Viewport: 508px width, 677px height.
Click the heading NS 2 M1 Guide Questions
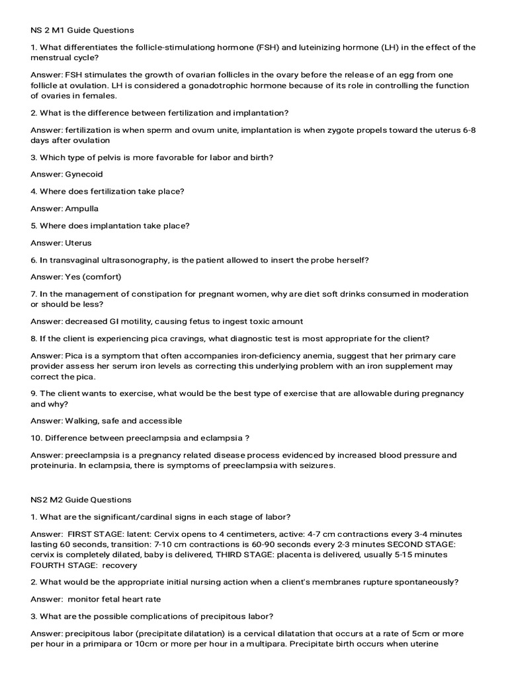point(82,30)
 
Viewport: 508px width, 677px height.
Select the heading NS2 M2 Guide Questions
point(81,500)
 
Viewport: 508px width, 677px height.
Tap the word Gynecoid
point(84,175)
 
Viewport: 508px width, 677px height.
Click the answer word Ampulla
point(81,209)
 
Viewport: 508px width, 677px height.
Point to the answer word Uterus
point(78,243)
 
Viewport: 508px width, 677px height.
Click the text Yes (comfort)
point(93,277)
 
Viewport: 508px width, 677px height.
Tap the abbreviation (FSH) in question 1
point(257,48)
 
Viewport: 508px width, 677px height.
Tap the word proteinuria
point(52,465)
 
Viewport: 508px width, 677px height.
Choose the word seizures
point(316,465)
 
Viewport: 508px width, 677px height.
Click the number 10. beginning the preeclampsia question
point(37,438)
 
